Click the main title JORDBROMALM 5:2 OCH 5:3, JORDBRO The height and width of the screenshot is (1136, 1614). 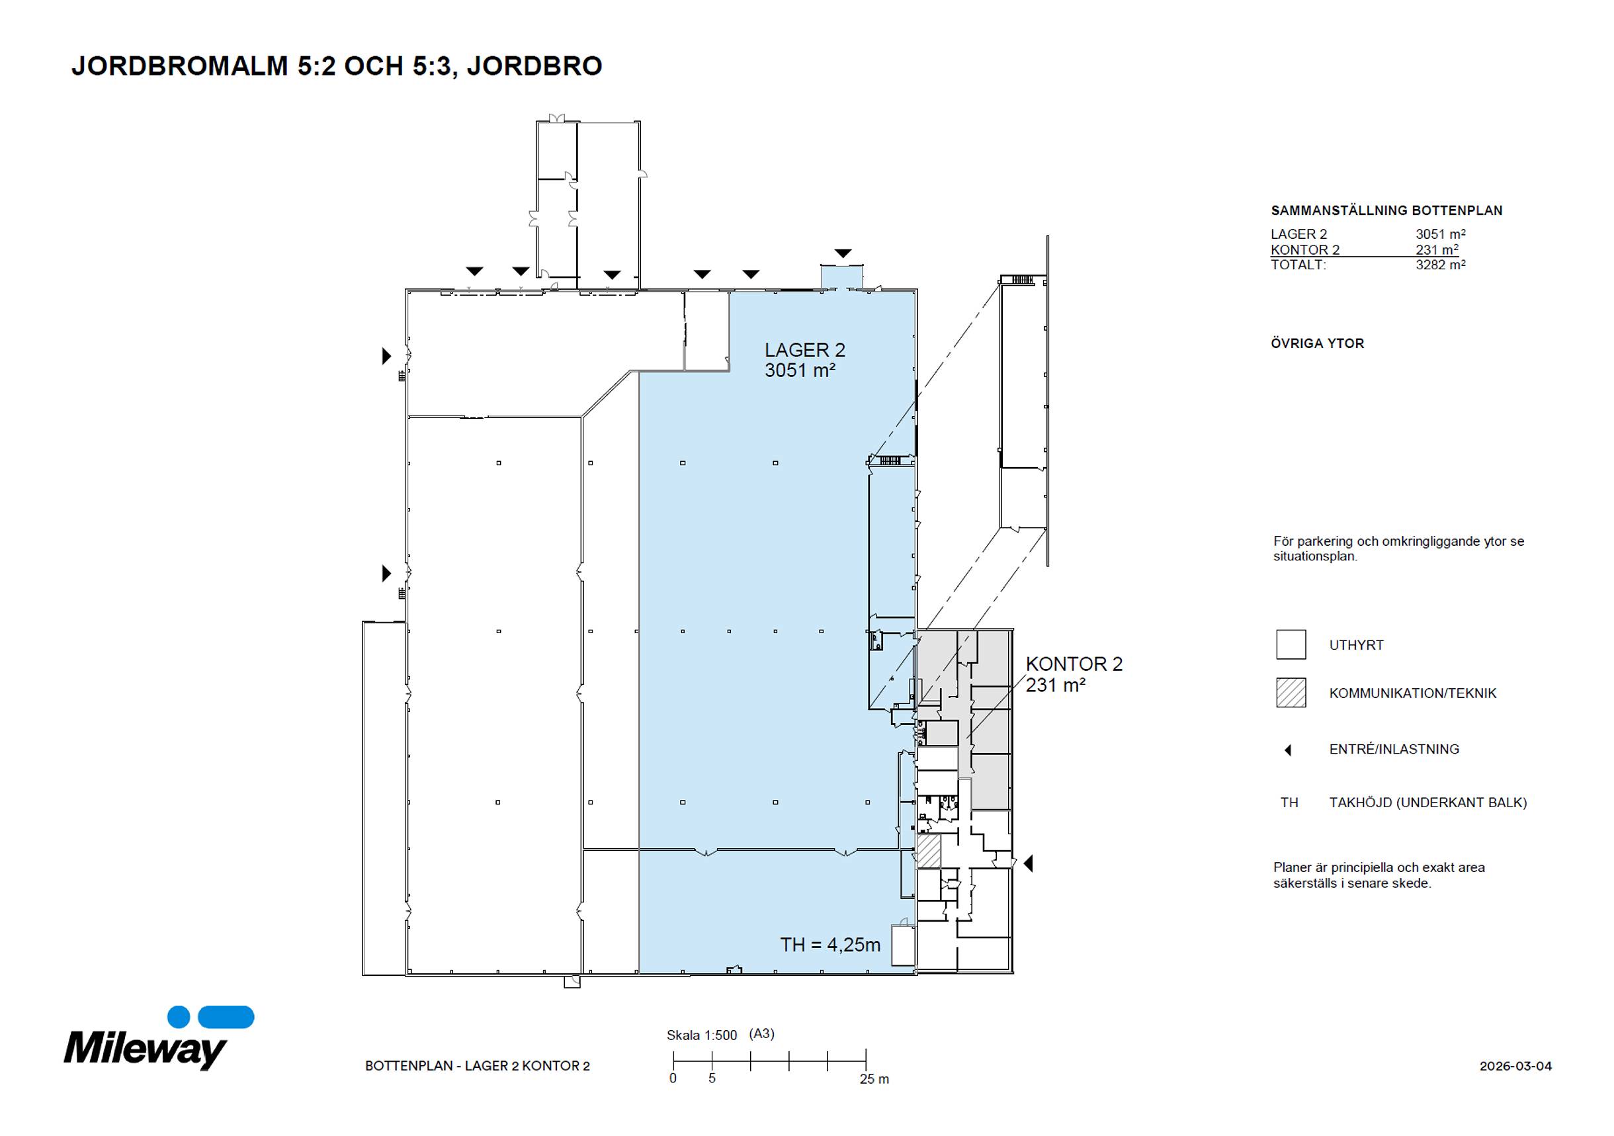tap(337, 66)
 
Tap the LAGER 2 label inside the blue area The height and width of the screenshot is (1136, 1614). tap(805, 350)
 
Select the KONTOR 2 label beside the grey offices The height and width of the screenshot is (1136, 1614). tap(1074, 664)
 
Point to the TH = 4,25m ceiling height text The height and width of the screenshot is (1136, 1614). tap(830, 945)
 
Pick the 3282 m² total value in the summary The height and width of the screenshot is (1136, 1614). tap(1441, 265)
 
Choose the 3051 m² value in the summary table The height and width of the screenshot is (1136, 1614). tap(1441, 234)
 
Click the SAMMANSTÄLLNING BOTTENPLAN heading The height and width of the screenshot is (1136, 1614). tap(1386, 210)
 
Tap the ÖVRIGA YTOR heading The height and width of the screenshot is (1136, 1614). tap(1318, 344)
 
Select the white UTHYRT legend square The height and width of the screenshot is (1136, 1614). tap(1291, 644)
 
